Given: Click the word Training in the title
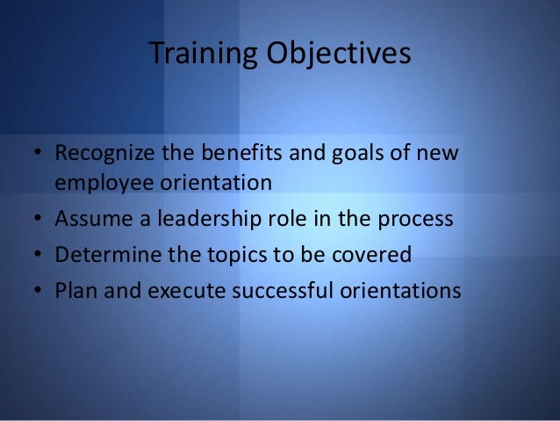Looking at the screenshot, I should (x=199, y=54).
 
